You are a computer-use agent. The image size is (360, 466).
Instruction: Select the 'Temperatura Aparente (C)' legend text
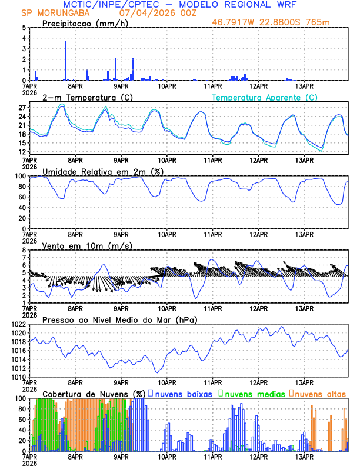[265, 97]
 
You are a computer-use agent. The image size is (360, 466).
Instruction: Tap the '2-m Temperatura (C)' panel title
[79, 97]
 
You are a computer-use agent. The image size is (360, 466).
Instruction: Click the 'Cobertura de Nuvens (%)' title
[93, 394]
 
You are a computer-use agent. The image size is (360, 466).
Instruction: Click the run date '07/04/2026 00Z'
[152, 12]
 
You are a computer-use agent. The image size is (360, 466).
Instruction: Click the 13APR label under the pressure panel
[304, 382]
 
